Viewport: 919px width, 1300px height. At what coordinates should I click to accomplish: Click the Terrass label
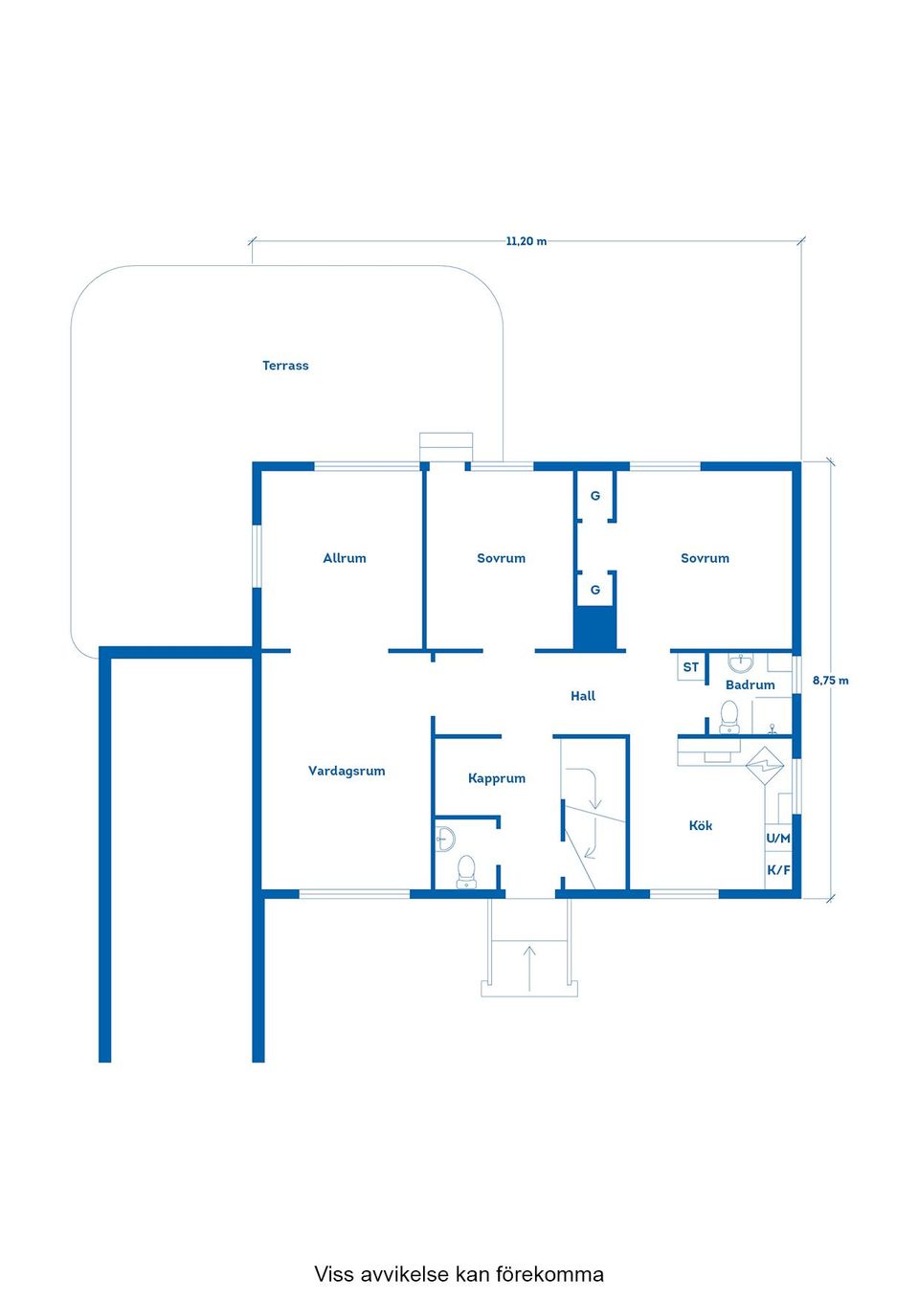click(285, 366)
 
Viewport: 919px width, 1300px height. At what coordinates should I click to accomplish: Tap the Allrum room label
click(345, 558)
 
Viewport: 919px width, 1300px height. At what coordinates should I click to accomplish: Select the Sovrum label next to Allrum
click(501, 558)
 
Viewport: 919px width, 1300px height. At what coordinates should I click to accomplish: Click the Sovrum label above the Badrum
click(705, 558)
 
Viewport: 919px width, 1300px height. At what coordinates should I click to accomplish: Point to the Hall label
click(583, 696)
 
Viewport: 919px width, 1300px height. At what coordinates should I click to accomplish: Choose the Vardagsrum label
click(347, 771)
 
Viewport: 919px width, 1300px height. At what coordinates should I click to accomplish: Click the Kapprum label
click(497, 778)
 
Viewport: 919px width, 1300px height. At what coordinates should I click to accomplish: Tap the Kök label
click(701, 825)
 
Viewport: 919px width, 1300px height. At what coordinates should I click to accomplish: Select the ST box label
click(691, 667)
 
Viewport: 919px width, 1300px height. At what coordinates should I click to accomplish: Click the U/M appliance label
click(778, 838)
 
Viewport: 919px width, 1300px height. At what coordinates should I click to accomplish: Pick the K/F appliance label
click(778, 870)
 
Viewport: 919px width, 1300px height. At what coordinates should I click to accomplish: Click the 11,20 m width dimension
click(527, 241)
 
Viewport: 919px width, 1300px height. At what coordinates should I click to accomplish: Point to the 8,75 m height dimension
click(830, 681)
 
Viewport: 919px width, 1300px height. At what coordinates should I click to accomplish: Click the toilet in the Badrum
click(729, 716)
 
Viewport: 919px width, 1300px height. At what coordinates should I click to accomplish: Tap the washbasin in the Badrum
click(741, 662)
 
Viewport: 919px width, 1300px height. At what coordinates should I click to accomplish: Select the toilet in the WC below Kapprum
click(466, 870)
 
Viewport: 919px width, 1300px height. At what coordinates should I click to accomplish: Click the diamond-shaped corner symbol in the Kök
click(765, 766)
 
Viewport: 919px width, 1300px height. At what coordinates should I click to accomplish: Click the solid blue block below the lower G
click(594, 628)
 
